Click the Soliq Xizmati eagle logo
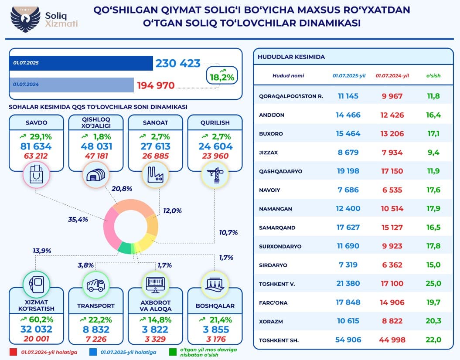[x=25, y=20]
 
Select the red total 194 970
[x=156, y=85]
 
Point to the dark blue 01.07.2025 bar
[x=81, y=63]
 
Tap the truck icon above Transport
[x=95, y=285]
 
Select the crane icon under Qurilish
[x=215, y=175]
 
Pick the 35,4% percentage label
[x=78, y=219]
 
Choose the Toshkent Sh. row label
[x=279, y=340]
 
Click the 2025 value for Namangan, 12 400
[x=348, y=208]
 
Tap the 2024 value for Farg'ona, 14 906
[x=393, y=302]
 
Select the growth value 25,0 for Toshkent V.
[x=433, y=284]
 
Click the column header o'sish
[x=433, y=75]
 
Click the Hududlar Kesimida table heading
[x=291, y=57]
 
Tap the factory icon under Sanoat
[x=155, y=175]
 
